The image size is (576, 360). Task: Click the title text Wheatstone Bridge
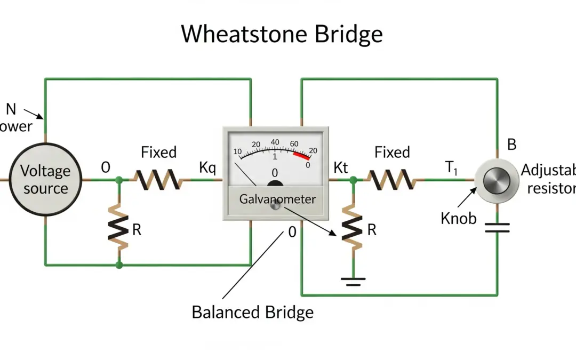point(282,34)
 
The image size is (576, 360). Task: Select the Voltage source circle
point(45,180)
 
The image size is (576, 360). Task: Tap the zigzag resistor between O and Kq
point(158,180)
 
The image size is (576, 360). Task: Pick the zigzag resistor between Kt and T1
point(392,180)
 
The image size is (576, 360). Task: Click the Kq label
point(207,168)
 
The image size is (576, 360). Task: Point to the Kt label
point(340,168)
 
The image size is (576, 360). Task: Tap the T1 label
point(452,169)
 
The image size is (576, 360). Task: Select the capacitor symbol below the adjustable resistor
point(497,228)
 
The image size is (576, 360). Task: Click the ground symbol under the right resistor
point(353,281)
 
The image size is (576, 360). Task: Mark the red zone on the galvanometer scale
point(301,155)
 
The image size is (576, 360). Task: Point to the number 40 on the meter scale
point(275,142)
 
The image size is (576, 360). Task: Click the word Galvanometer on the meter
point(277,199)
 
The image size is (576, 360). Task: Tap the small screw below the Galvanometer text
point(275,206)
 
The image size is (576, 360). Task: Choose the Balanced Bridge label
point(252,312)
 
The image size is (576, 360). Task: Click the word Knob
point(458,218)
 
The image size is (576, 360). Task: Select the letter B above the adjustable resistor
point(511,145)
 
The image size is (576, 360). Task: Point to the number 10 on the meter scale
point(238,151)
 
